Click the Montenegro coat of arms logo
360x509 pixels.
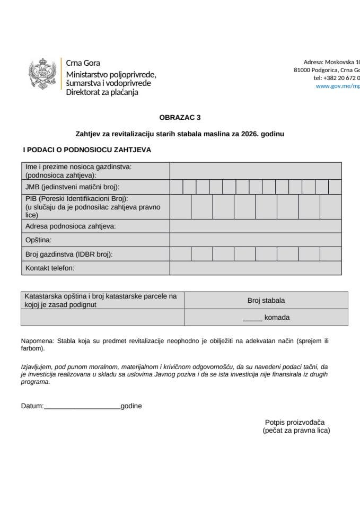pos(42,74)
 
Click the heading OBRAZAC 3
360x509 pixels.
pos(180,118)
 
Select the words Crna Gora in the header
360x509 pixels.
pos(83,63)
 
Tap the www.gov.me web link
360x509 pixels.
pos(338,86)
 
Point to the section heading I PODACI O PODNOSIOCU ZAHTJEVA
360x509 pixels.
pos(86,150)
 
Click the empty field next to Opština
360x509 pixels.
pos(255,240)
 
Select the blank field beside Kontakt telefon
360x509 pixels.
pos(255,268)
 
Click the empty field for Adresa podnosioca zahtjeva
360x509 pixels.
pos(255,226)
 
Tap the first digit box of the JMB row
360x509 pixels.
pos(176,187)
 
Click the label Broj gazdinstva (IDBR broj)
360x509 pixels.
pos(69,254)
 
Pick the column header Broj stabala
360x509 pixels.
pos(266,301)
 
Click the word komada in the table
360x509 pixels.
pos(277,318)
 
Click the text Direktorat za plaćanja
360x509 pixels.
pos(102,92)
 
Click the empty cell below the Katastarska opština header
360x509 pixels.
pos(102,318)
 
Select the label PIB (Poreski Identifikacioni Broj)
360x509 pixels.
pos(74,198)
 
